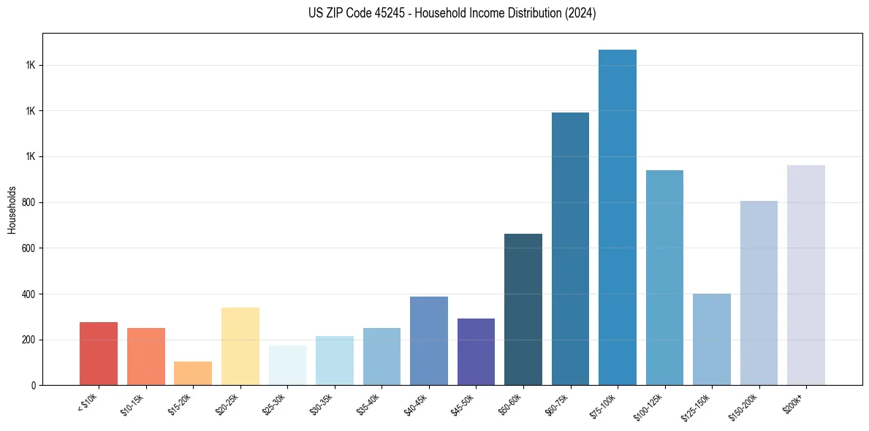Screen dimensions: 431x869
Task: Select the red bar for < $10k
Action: (98, 354)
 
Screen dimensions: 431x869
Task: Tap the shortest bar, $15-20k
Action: (193, 373)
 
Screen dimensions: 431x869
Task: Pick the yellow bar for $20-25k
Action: (240, 346)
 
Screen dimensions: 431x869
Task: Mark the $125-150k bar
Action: (711, 339)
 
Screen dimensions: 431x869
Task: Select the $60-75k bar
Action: (570, 248)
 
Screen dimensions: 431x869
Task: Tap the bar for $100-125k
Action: (664, 278)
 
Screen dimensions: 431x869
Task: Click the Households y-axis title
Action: (12, 209)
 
